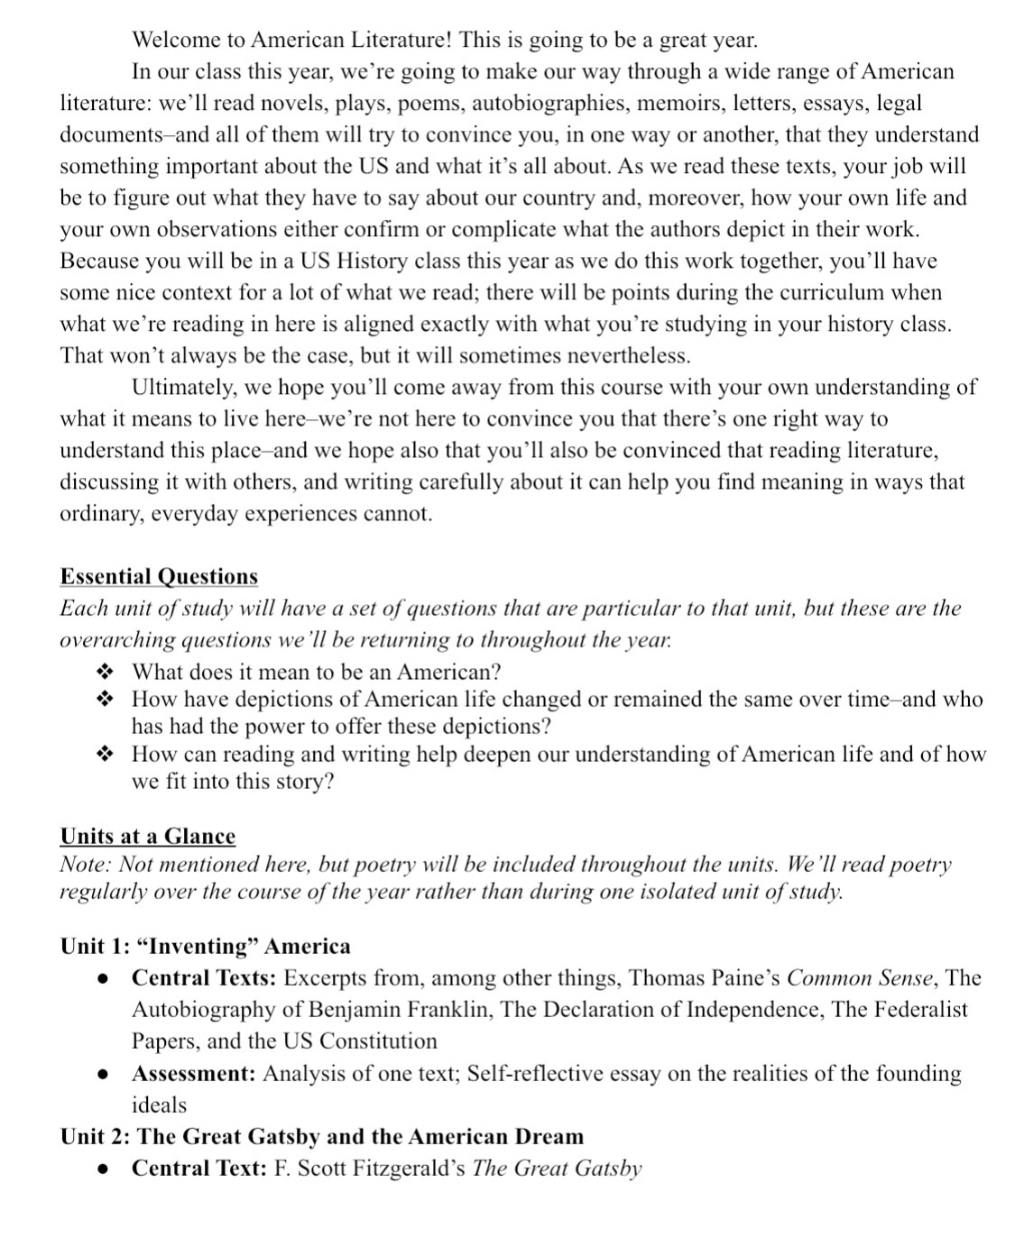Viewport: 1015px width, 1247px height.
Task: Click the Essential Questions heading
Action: pyautogui.click(x=159, y=577)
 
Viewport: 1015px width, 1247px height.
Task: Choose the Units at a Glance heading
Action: pyautogui.click(x=147, y=837)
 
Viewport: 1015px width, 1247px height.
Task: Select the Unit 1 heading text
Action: pyautogui.click(x=205, y=947)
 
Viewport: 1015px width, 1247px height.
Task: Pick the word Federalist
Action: pyautogui.click(x=919, y=1010)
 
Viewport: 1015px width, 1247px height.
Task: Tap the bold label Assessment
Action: pyautogui.click(x=194, y=1074)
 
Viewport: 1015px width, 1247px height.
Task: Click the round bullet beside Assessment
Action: pyautogui.click(x=105, y=1075)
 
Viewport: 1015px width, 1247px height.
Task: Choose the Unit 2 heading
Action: pyautogui.click(x=321, y=1137)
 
